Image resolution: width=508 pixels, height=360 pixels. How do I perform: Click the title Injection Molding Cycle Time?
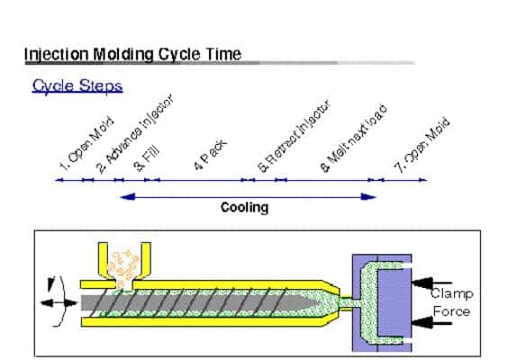[x=132, y=54]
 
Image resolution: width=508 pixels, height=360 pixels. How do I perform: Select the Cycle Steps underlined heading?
[x=77, y=86]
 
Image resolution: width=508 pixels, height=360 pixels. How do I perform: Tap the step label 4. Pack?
[x=210, y=155]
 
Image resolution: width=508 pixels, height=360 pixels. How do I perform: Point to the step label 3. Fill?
[x=147, y=157]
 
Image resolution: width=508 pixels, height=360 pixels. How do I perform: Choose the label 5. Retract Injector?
[x=295, y=136]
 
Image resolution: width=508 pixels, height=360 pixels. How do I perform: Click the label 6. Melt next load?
[x=353, y=139]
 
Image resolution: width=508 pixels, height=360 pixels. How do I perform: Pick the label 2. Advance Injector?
[x=135, y=133]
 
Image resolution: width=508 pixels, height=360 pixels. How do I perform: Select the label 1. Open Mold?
[x=86, y=144]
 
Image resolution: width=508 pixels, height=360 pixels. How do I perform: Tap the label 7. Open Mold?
[x=422, y=145]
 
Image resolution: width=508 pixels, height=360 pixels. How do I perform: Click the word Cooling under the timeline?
[x=245, y=207]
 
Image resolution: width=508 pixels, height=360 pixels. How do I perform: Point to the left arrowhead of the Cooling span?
[x=128, y=197]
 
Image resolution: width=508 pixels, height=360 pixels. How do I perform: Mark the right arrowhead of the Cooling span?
[x=368, y=197]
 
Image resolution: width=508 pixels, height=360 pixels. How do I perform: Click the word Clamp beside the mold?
[x=452, y=293]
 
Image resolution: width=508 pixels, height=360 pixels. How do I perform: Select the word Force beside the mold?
[x=451, y=311]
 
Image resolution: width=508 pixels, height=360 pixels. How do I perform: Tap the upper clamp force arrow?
[x=431, y=283]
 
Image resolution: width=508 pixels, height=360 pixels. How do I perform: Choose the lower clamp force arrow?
[x=431, y=323]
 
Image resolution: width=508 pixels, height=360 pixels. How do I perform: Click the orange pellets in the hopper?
[x=123, y=268]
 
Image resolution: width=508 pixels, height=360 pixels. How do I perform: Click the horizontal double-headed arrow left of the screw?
[x=59, y=303]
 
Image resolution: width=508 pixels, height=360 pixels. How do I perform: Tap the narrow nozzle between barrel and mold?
[x=346, y=303]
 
